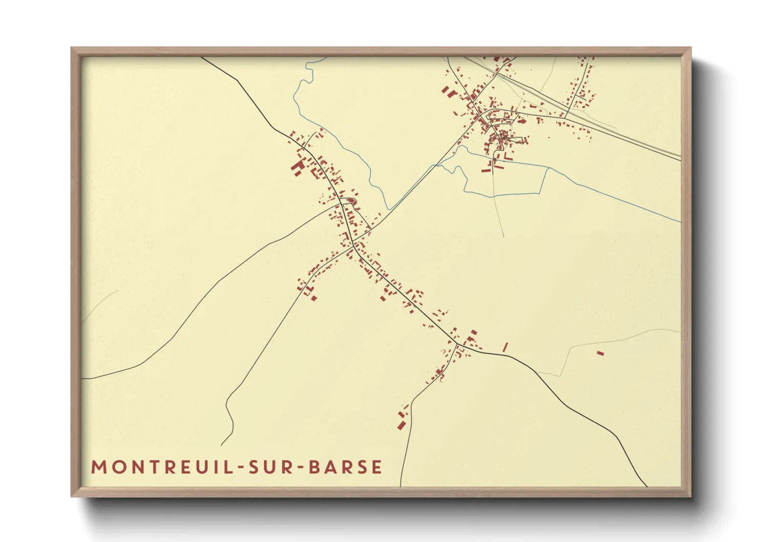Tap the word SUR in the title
pyautogui.click(x=267, y=467)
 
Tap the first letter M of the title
pyautogui.click(x=98, y=467)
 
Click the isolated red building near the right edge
pyautogui.click(x=600, y=353)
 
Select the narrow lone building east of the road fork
pyautogui.click(x=505, y=347)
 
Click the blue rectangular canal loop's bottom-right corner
pyautogui.click(x=539, y=193)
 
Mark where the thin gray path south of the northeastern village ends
pyautogui.click(x=503, y=236)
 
